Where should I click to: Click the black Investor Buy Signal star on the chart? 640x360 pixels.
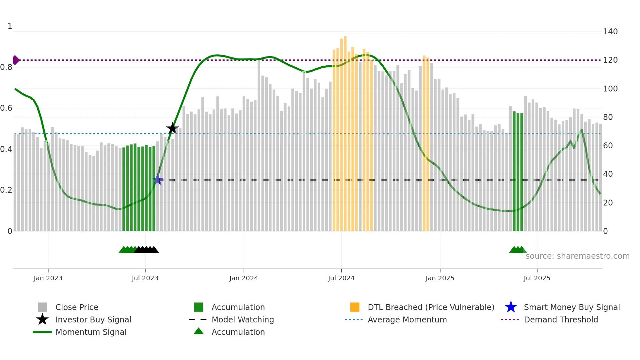point(172,128)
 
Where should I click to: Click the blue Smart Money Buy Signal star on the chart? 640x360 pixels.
point(158,179)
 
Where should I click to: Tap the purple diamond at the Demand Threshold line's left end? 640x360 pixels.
point(16,60)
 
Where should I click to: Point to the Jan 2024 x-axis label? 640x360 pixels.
point(244,278)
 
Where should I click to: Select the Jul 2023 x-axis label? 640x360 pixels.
point(145,278)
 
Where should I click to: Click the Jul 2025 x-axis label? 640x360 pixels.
point(537,278)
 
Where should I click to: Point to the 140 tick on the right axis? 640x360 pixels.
point(610,32)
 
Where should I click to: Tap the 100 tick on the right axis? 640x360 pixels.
point(610,89)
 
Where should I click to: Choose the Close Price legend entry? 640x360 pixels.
point(76,307)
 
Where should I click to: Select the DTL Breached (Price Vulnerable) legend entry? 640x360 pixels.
point(431,307)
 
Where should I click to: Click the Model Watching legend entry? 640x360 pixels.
point(242,319)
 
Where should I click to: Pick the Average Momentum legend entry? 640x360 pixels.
point(407,319)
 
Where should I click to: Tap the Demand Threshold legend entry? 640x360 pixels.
point(561,319)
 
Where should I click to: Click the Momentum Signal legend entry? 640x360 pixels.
point(90,332)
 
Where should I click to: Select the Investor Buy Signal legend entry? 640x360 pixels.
point(93,319)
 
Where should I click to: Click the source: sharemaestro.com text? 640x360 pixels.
point(577,256)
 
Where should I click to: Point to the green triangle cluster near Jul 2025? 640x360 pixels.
point(517,250)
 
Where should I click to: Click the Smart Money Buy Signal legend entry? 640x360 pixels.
point(571,307)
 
